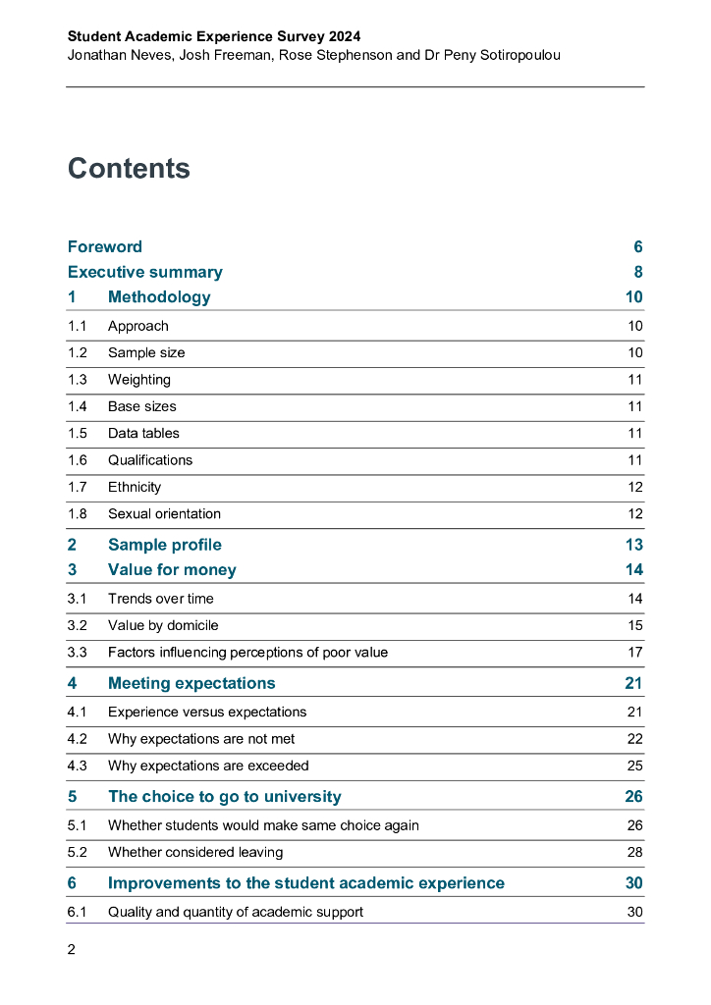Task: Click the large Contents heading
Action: [129, 169]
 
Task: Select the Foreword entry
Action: [104, 246]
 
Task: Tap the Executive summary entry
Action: [144, 272]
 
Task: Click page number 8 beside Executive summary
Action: [637, 272]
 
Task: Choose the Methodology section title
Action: [159, 297]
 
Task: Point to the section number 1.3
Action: [78, 380]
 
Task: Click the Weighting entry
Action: [138, 380]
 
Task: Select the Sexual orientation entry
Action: [164, 513]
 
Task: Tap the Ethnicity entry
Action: [135, 487]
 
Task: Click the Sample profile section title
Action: [165, 545]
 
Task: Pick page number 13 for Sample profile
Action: [633, 545]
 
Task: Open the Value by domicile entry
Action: [163, 625]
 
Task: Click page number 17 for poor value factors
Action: [634, 652]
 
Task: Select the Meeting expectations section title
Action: [191, 683]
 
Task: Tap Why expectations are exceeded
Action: [208, 766]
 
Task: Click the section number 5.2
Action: [78, 852]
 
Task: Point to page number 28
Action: [634, 852]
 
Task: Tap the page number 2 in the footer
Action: [72, 949]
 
